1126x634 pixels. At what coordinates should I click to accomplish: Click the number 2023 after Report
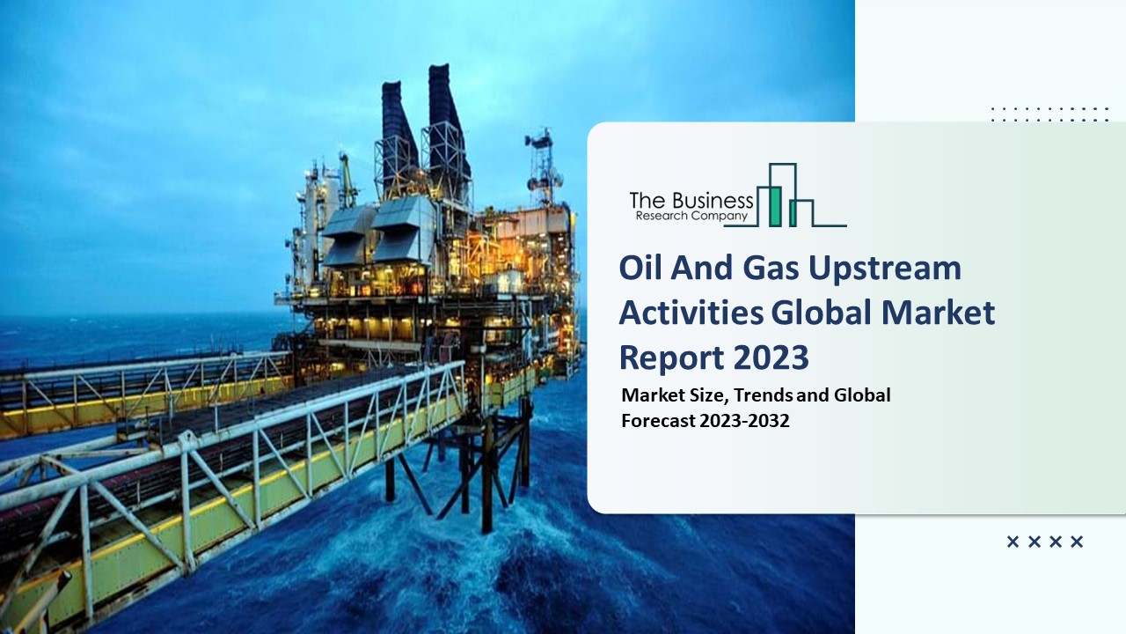click(x=771, y=357)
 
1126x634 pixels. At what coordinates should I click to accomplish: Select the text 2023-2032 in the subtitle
click(x=745, y=421)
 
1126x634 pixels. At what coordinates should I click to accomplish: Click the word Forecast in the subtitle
click(x=658, y=421)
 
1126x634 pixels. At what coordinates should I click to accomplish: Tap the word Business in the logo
click(x=709, y=200)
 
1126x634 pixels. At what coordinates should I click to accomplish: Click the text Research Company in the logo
click(x=690, y=216)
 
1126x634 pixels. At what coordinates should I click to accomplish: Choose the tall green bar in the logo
click(x=775, y=206)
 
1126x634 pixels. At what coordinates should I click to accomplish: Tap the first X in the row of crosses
click(x=1013, y=542)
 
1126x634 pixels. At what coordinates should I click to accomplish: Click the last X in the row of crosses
click(x=1077, y=542)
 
